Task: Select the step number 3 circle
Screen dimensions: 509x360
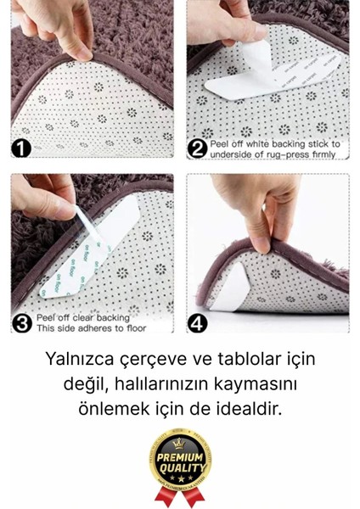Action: [x=21, y=322]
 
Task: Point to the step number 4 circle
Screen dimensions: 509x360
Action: [x=197, y=323]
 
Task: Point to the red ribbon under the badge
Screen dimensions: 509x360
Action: [x=179, y=495]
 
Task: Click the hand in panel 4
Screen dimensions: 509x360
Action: [x=255, y=212]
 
